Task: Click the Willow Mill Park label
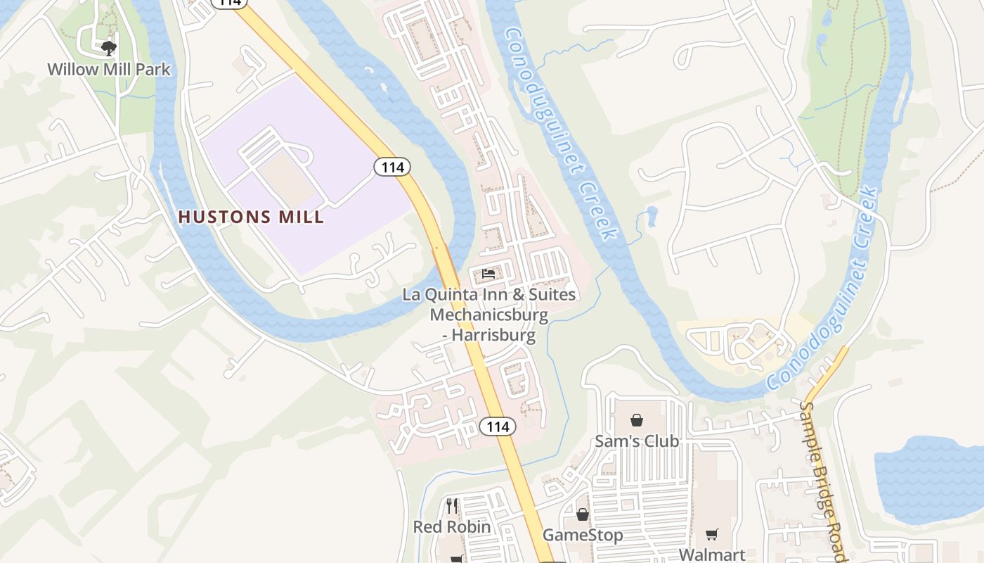click(109, 70)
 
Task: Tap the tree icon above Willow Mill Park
click(108, 49)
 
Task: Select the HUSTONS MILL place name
click(252, 217)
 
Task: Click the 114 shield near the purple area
click(391, 167)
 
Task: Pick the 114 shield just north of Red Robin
click(498, 426)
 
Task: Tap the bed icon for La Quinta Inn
click(489, 274)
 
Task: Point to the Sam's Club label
click(637, 441)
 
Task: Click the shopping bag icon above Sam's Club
click(637, 420)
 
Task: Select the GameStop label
click(583, 535)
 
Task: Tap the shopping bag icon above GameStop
click(583, 514)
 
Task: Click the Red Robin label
click(452, 526)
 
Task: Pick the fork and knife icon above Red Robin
click(452, 505)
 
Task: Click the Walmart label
click(712, 554)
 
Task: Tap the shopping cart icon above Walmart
click(712, 534)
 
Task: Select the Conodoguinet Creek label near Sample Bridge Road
click(823, 289)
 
